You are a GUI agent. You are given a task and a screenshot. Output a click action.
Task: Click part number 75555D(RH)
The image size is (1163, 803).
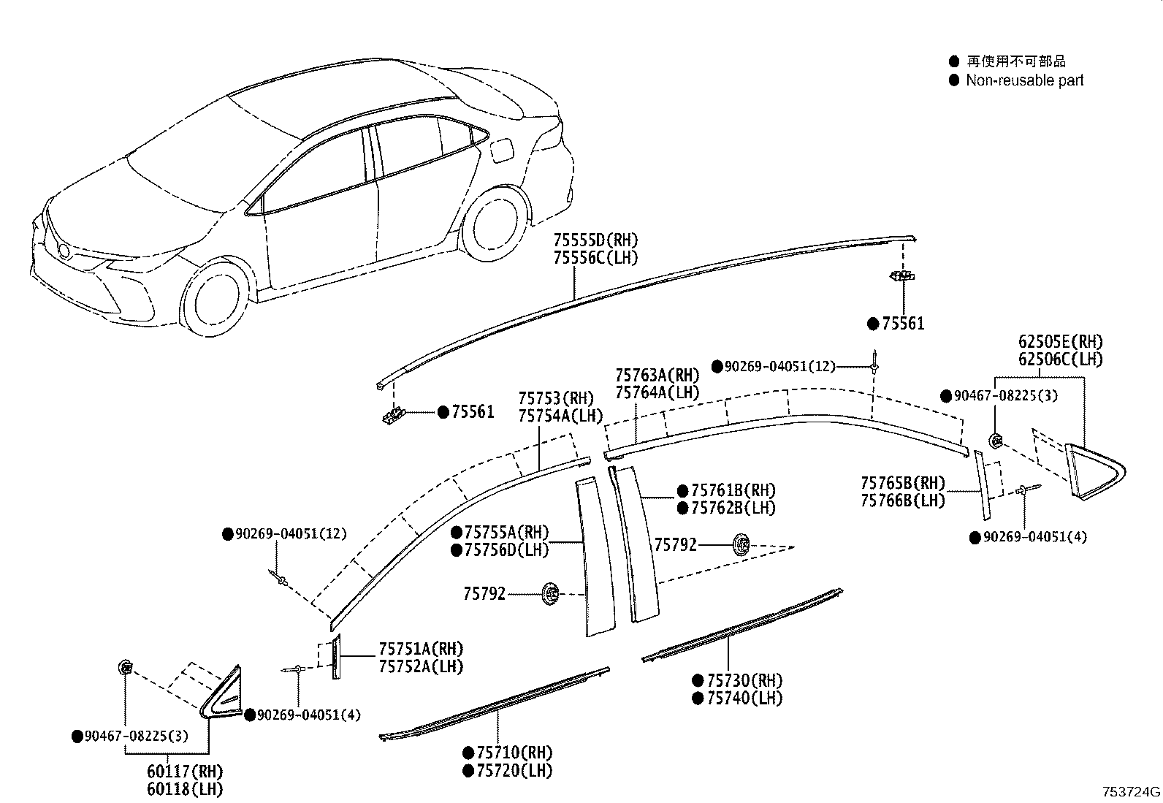(x=595, y=240)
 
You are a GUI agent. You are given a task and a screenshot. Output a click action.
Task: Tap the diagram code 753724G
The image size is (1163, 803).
(x=1131, y=792)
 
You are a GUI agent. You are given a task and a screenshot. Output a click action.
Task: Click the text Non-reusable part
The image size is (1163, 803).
(x=1024, y=80)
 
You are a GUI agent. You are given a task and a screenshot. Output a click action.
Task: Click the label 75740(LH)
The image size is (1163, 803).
(x=744, y=699)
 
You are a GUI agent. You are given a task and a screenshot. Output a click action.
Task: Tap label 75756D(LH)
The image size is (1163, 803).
(x=506, y=550)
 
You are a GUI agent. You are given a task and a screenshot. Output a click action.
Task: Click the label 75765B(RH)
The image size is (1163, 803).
(x=902, y=483)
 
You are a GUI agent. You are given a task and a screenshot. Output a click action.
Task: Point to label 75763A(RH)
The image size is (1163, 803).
(x=657, y=375)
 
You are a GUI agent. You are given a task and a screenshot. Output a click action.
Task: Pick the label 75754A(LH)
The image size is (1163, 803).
(x=560, y=416)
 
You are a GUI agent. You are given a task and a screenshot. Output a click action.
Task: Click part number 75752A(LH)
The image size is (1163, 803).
(x=421, y=666)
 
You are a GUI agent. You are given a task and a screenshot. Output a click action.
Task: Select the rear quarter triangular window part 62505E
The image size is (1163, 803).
(x=1094, y=471)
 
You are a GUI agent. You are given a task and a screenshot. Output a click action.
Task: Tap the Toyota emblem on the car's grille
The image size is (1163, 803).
(x=64, y=251)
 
